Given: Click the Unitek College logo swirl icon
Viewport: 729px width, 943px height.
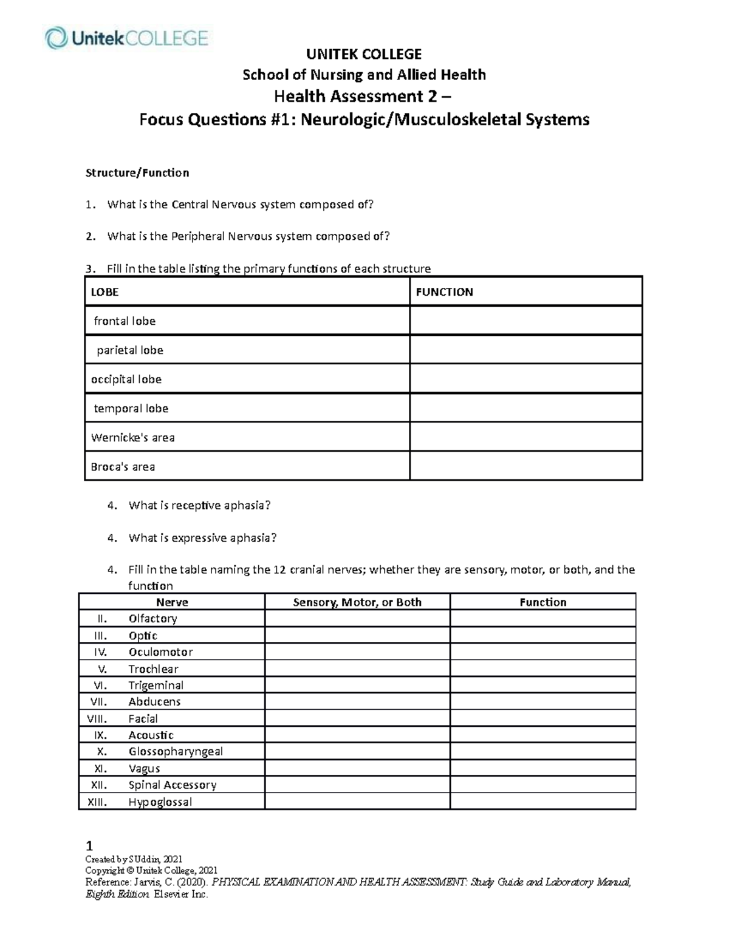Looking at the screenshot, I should tap(56, 38).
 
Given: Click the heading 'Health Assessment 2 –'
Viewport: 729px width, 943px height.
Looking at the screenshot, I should tap(363, 97).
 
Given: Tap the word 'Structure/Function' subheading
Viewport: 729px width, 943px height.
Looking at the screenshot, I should tap(137, 173).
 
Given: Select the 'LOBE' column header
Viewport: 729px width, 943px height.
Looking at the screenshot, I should tap(104, 292).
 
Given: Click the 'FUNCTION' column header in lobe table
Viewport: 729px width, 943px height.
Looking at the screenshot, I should tap(444, 292).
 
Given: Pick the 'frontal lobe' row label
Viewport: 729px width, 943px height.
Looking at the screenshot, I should tap(125, 321).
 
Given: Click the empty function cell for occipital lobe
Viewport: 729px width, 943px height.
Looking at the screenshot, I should tap(525, 379).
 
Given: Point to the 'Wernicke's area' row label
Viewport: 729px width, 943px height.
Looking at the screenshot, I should tap(132, 438).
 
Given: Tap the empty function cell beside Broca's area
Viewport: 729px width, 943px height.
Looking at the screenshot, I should tap(525, 466).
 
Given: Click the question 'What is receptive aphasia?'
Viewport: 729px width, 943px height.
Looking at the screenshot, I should tap(199, 505).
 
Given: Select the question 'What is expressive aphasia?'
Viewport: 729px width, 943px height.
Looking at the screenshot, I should tap(202, 538).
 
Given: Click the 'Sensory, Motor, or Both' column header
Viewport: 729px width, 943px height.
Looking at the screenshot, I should tap(357, 602).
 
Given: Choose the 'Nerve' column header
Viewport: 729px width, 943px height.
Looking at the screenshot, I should tap(172, 602).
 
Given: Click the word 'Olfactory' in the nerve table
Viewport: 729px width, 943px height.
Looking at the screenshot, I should tap(152, 619).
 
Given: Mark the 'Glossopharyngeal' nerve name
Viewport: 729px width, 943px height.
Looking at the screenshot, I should tap(176, 752).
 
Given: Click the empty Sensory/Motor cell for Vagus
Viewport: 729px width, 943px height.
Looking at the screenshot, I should tap(357, 768).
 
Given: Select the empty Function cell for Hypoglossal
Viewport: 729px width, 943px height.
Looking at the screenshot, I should tap(542, 802).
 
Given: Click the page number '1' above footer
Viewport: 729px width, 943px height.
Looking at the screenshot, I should tap(89, 846).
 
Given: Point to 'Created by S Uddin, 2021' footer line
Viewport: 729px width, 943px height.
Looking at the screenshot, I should tap(134, 859).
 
